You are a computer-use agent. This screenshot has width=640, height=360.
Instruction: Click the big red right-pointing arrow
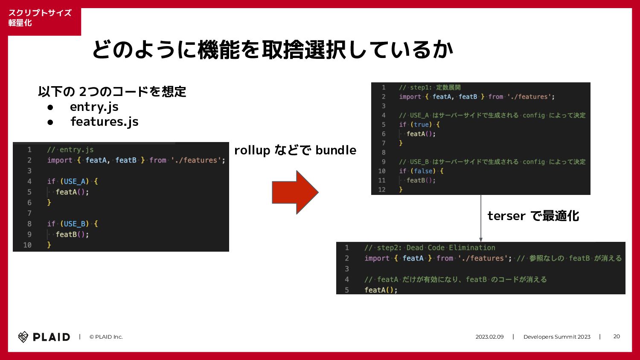tap(295, 192)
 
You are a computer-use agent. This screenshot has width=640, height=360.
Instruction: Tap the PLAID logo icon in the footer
tap(23, 337)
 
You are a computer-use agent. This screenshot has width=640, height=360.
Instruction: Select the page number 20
tap(617, 337)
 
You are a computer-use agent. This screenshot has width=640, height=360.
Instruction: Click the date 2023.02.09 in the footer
tap(489, 337)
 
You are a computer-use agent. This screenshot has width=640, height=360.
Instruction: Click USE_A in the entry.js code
tap(74, 181)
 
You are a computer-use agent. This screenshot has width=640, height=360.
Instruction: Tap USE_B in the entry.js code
tap(74, 224)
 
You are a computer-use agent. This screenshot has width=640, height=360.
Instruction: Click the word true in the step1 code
tap(422, 125)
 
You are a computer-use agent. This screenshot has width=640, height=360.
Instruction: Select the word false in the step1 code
tap(423, 171)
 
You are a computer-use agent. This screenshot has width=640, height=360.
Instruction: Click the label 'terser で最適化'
tap(533, 216)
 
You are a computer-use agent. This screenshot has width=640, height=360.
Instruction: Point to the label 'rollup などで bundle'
tap(295, 150)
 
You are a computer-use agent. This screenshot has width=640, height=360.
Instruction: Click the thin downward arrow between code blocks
tap(481, 218)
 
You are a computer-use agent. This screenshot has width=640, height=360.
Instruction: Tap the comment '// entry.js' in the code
tap(70, 150)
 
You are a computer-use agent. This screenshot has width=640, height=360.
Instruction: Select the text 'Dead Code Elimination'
tap(451, 248)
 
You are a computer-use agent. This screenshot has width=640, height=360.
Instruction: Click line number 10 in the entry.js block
tap(27, 245)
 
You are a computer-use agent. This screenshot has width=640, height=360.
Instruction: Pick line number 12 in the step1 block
tap(382, 190)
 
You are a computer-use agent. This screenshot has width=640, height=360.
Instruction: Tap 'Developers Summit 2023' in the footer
tap(557, 337)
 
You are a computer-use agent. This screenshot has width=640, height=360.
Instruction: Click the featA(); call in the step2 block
tap(381, 290)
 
